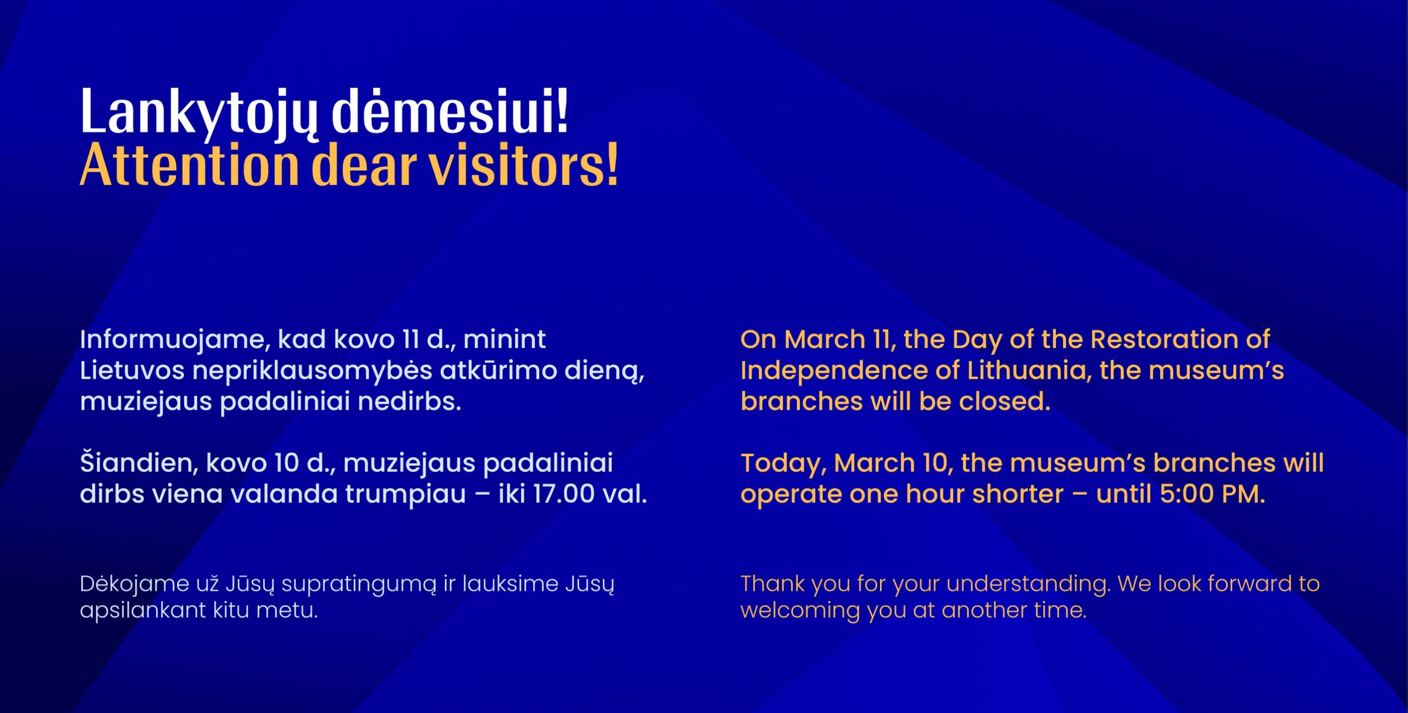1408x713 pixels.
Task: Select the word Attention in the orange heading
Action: coord(189,165)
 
